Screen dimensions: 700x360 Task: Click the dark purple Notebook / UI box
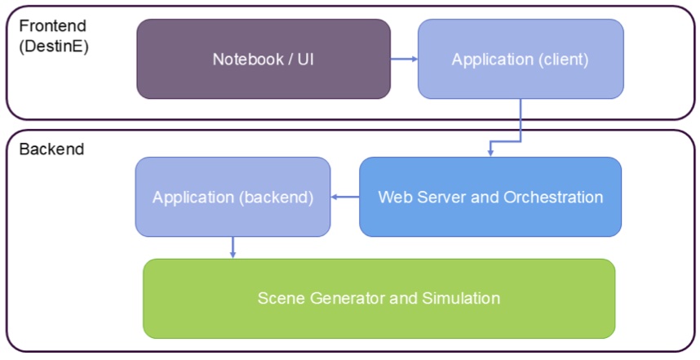pos(264,59)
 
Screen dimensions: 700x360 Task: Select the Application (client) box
pos(521,59)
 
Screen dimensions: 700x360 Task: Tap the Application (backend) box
pos(233,197)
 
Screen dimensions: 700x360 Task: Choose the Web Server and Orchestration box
pos(490,197)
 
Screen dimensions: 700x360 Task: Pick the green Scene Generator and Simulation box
pos(379,298)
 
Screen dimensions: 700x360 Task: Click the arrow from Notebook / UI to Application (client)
pos(404,59)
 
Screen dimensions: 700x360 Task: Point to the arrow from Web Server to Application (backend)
pos(345,197)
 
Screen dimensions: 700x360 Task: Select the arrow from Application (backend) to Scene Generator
pos(233,247)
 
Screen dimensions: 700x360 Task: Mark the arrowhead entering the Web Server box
pos(490,153)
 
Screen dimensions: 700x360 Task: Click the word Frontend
pos(53,26)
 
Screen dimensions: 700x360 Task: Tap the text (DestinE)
pos(54,46)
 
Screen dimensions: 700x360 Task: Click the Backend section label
pos(51,149)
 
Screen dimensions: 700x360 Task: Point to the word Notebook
pos(247,59)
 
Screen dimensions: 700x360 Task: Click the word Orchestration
pos(553,197)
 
